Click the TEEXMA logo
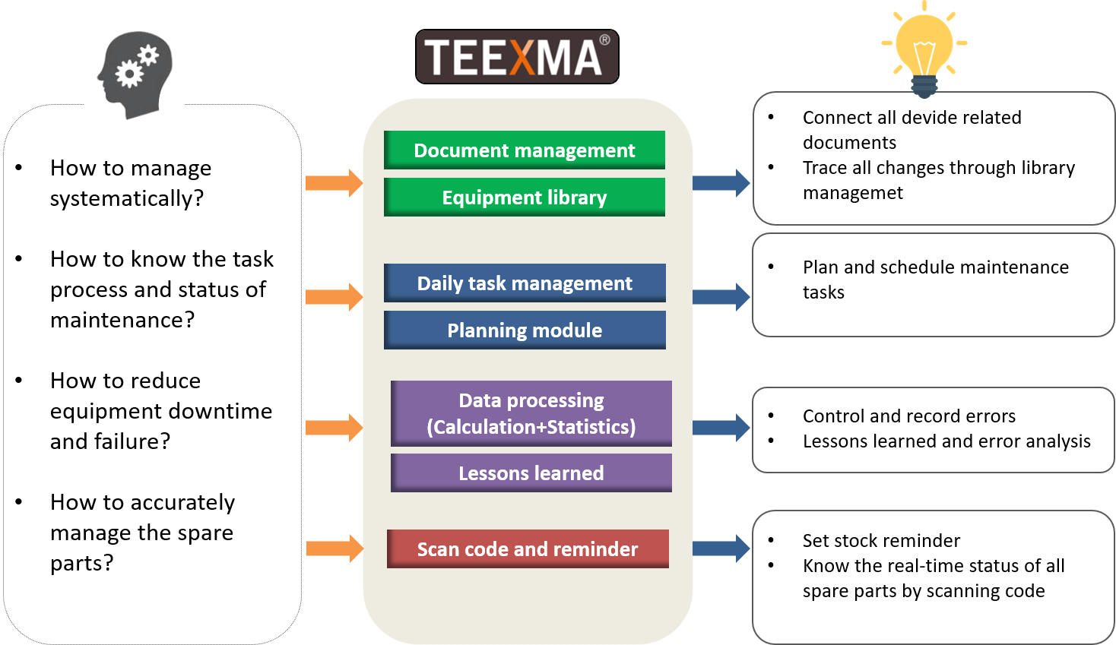pos(517,56)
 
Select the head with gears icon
pos(135,74)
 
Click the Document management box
pos(524,150)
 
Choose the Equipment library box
pos(524,198)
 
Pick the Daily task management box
pos(525,283)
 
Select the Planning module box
pos(525,330)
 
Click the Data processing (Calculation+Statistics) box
pos(531,413)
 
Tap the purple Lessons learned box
pos(531,473)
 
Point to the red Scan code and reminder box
pos(528,549)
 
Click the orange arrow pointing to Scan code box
pos(334,549)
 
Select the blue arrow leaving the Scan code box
pos(721,549)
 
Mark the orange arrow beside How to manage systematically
pos(334,183)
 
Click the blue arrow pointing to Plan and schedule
pos(721,297)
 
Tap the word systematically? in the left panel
pos(127,199)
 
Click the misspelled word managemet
pos(853,193)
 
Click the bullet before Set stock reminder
pos(771,540)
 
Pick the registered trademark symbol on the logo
pos(605,40)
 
